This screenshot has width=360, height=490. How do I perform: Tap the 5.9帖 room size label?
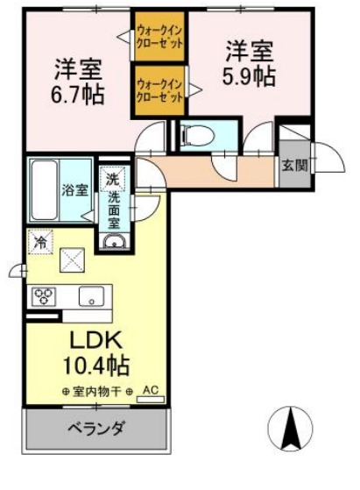250,76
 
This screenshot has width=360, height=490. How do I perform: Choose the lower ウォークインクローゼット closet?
159,90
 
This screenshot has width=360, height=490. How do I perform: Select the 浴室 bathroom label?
74,188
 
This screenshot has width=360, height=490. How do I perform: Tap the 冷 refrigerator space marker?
39,240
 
